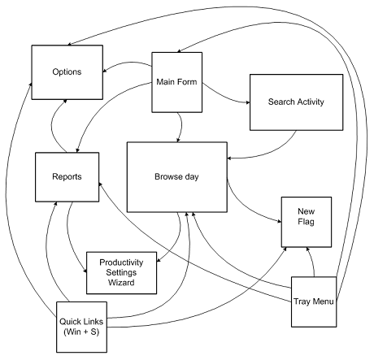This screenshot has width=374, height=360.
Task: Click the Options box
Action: pos(67,72)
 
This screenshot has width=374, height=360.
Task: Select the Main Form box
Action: pos(177,82)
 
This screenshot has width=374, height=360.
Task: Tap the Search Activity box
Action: pos(296,102)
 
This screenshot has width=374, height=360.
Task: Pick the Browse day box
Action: pos(177,177)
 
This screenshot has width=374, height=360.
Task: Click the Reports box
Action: pos(67,177)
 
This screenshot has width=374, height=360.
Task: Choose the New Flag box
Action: pos(307,222)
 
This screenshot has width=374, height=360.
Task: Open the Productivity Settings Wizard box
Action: pos(121,273)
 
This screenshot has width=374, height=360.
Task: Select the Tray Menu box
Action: pos(314,301)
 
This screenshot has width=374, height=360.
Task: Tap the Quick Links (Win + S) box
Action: pos(81,327)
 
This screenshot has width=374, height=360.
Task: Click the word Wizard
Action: pos(121,283)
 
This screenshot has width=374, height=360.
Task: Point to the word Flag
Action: pos(307,222)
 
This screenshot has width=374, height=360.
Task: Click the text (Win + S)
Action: pos(81,332)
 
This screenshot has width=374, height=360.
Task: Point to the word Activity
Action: pos(311,102)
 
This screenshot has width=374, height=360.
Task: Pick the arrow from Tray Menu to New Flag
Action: pos(312,262)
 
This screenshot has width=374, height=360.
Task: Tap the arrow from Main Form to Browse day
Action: pos(180,127)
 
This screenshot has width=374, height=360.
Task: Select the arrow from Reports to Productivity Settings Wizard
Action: pos(70,238)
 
